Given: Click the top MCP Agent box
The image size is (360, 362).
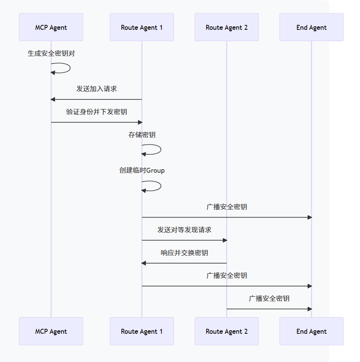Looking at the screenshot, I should (51, 27).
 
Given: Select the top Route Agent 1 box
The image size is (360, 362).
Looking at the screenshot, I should (142, 27).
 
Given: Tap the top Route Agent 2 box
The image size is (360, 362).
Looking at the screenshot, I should (227, 27).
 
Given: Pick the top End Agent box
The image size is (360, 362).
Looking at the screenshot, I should (311, 27).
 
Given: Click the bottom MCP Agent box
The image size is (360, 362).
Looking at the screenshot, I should (51, 331).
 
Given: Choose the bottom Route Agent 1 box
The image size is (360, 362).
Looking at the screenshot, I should (142, 331).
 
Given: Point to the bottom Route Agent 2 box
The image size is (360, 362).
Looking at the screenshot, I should (227, 331).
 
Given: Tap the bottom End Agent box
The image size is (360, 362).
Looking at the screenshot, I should (311, 331).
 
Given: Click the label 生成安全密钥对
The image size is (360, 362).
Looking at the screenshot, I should (51, 54).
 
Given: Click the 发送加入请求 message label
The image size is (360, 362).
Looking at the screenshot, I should (97, 89).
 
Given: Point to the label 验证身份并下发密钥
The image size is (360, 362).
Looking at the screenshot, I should (97, 112).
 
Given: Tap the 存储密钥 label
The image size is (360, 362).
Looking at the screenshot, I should (142, 135).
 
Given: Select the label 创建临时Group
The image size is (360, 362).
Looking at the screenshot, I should (142, 170).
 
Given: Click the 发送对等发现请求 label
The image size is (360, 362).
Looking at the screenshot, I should (184, 230).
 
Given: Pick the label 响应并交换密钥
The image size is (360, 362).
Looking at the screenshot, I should (184, 253).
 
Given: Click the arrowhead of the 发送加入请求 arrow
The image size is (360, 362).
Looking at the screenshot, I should (53, 100).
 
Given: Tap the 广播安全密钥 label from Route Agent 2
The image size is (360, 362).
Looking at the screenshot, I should (269, 298).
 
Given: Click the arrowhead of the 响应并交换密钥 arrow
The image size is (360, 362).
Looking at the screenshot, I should (144, 263).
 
